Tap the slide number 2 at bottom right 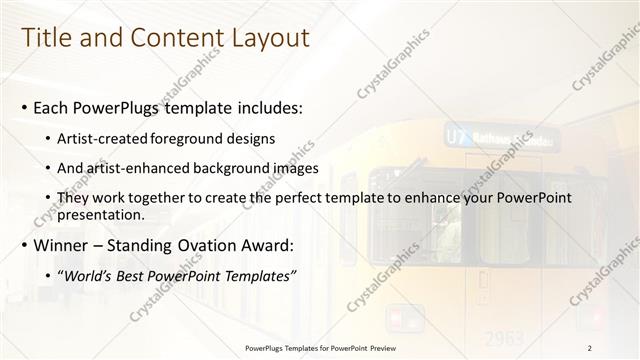(x=590, y=347)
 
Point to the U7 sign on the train (x=456, y=135)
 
